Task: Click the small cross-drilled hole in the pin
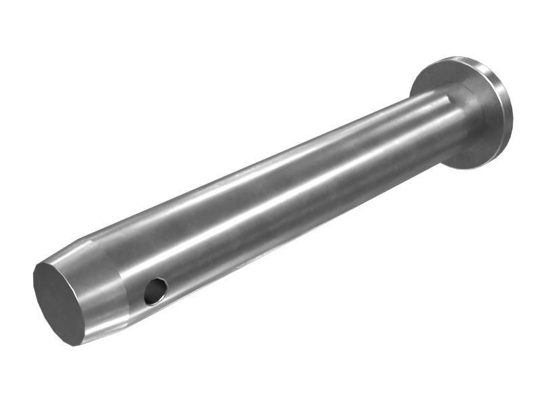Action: click(x=155, y=290)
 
